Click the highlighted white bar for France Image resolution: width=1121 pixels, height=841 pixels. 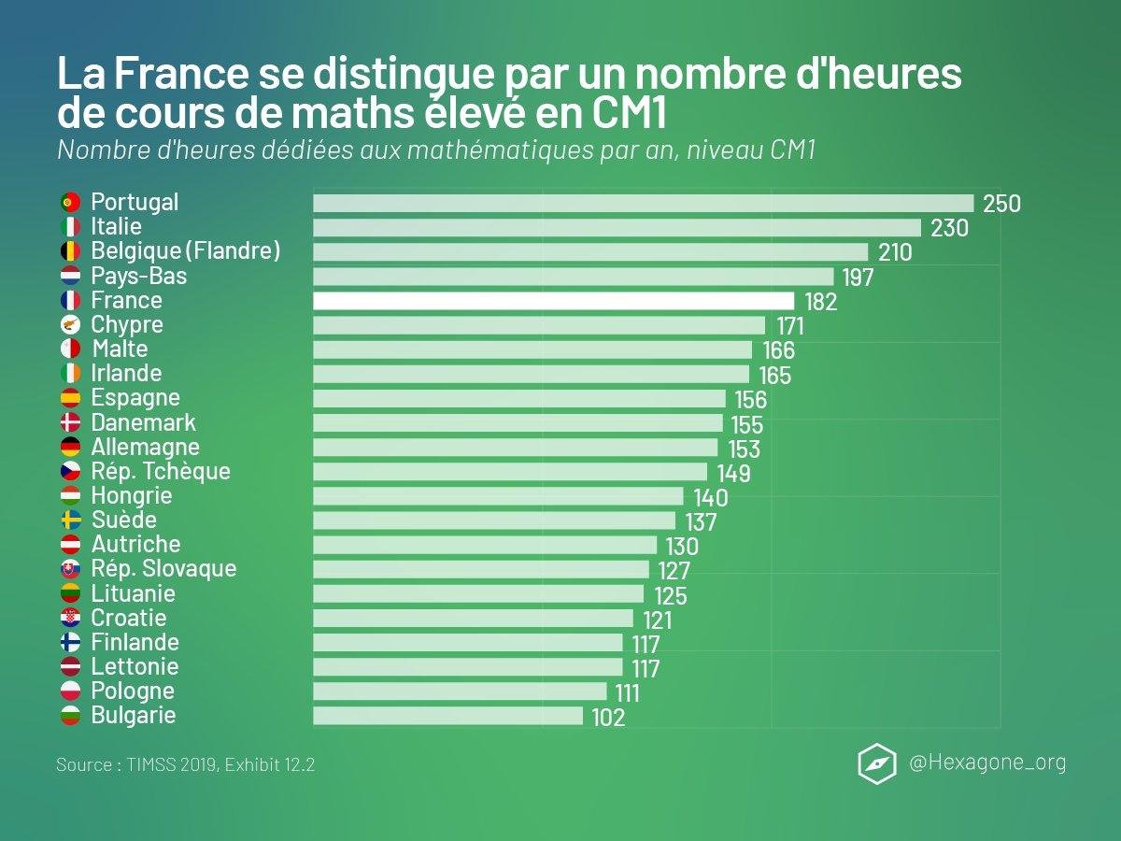[x=553, y=301]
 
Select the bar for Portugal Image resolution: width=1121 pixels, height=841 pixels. [x=643, y=203]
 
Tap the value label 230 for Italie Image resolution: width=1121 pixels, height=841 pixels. [x=949, y=228]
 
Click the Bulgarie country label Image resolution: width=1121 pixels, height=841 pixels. [x=134, y=716]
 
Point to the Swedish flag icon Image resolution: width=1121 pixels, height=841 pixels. [x=70, y=520]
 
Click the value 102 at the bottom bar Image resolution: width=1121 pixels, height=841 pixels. [x=608, y=718]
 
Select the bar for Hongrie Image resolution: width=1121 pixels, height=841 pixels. [x=498, y=496]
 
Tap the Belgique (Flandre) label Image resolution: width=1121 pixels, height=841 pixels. [x=186, y=251]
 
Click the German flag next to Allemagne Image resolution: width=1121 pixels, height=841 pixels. [x=70, y=448]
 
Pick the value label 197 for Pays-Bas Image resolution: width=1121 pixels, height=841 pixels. [x=857, y=278]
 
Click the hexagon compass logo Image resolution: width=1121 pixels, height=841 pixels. [x=876, y=763]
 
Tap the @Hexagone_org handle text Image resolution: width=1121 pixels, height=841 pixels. [x=987, y=763]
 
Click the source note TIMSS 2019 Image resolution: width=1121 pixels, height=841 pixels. [x=185, y=764]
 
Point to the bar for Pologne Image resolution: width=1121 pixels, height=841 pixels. [x=460, y=691]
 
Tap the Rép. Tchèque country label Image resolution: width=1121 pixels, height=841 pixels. [x=161, y=471]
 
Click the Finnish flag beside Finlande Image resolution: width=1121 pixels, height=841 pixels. [x=70, y=643]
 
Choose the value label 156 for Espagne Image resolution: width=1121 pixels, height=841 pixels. [x=748, y=400]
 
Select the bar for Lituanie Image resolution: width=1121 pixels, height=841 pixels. [x=478, y=594]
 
